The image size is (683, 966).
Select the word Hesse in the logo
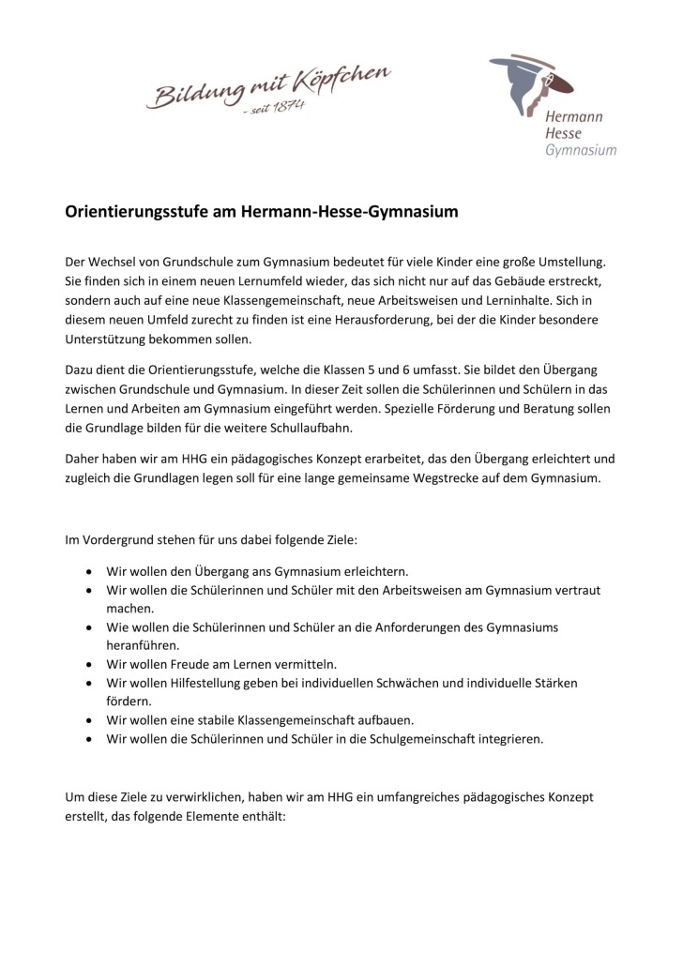click(564, 134)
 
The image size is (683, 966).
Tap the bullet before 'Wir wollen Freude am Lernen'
click(88, 663)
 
